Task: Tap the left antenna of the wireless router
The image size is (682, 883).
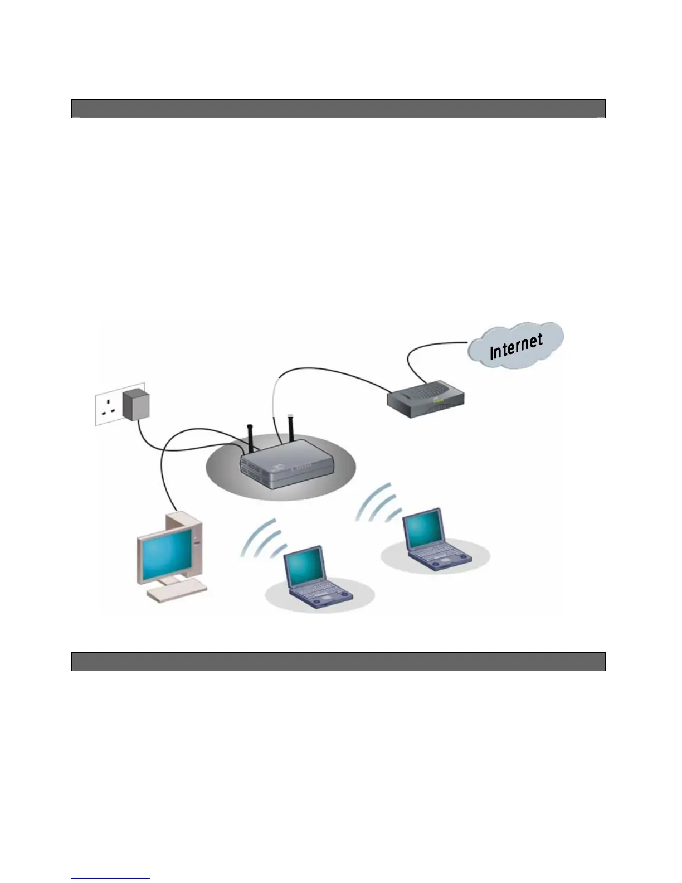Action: click(250, 438)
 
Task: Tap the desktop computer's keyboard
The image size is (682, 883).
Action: click(177, 592)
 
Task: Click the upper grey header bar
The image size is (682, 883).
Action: click(338, 108)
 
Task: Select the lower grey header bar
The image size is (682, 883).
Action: click(338, 661)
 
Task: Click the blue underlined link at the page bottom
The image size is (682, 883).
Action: click(110, 878)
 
